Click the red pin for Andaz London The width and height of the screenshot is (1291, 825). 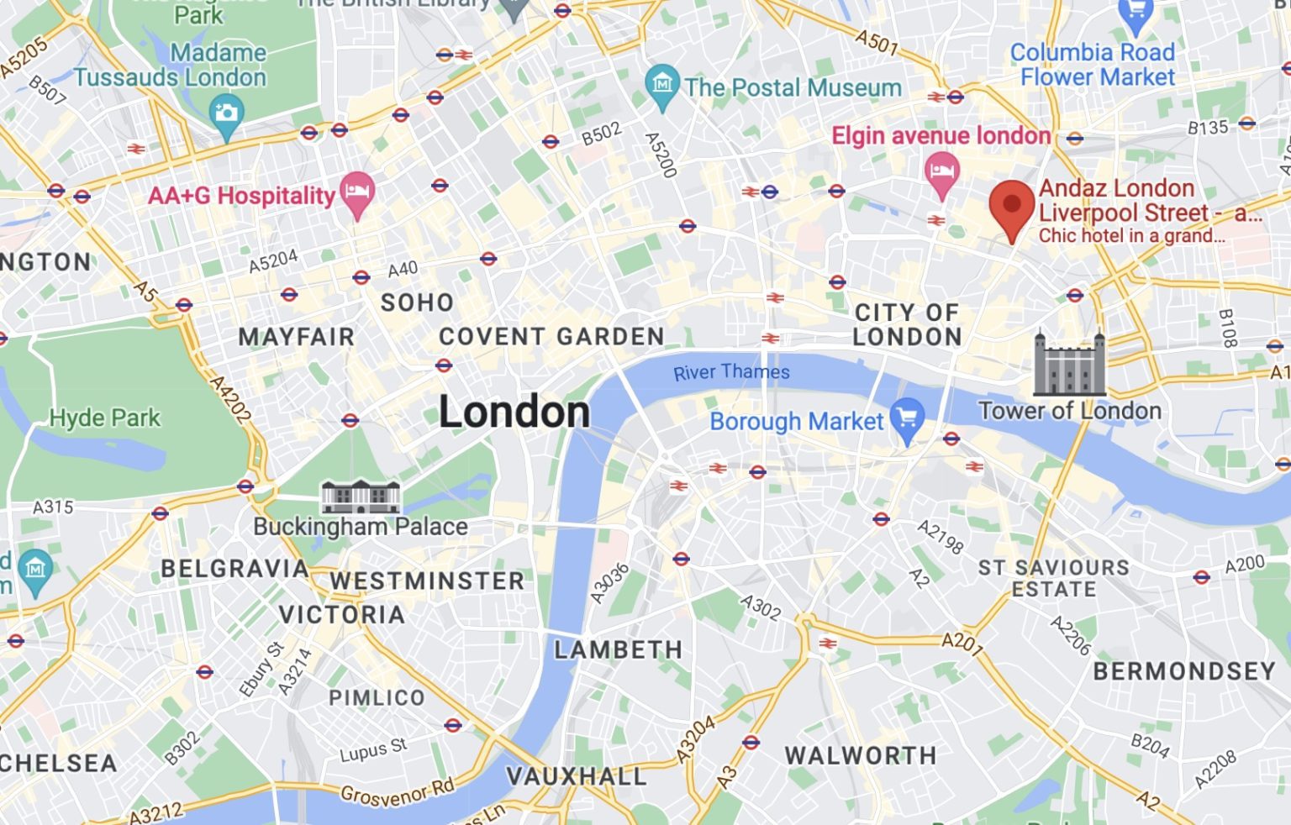point(1011,208)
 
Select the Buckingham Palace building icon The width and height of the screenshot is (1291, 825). point(361,497)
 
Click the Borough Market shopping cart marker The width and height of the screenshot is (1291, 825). point(907,419)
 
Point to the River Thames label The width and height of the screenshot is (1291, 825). point(731,372)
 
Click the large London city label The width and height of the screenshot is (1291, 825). point(514,412)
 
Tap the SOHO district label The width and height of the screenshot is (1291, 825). point(417,302)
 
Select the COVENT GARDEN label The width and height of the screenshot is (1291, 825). point(551,337)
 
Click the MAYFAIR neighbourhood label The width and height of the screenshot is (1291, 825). point(296,337)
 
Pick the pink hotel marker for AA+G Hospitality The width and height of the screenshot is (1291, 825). point(357,192)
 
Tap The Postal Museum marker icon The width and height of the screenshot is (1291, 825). point(662,86)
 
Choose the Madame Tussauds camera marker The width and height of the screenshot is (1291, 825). point(225,113)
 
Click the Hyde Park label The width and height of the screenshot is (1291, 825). point(104,418)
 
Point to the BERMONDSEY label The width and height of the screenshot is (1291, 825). point(1183,671)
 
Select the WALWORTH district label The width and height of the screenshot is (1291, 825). point(861,755)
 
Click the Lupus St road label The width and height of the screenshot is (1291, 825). point(373,750)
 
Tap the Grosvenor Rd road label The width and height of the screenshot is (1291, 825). point(397,792)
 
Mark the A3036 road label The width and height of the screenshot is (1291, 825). point(609,583)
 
